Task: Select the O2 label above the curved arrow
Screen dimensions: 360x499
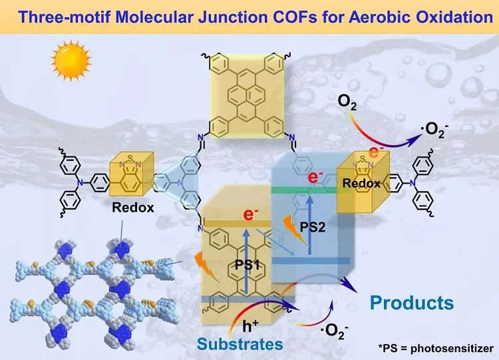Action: click(347, 102)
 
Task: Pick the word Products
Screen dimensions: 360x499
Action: click(412, 303)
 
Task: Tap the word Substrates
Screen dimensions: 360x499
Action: click(239, 344)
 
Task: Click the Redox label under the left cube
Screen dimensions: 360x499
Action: click(133, 207)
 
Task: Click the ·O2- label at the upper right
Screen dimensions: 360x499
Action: click(436, 130)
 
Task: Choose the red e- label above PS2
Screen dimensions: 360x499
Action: click(316, 178)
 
